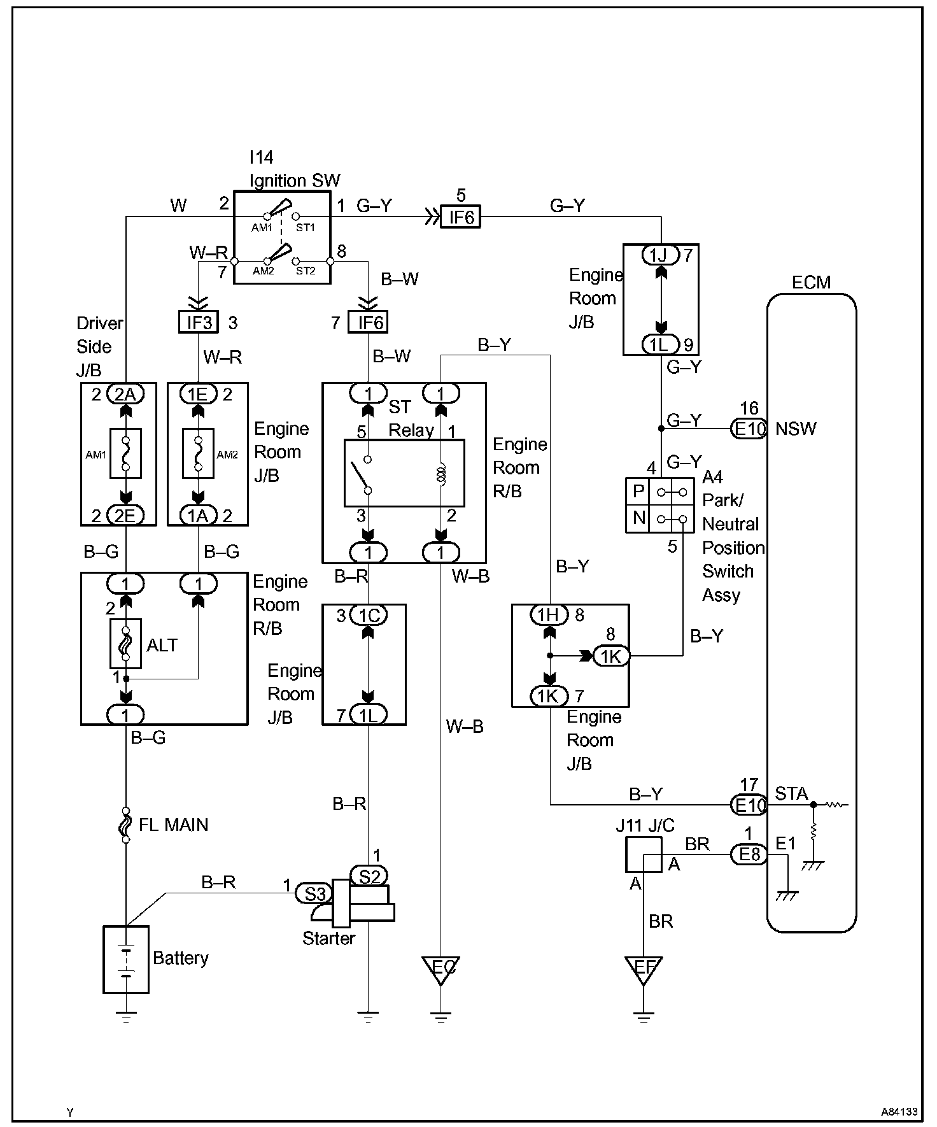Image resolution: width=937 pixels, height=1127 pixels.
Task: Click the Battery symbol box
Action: coord(126,959)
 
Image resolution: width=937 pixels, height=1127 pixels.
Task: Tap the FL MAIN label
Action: coord(173,825)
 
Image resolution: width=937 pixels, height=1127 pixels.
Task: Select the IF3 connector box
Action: coord(199,322)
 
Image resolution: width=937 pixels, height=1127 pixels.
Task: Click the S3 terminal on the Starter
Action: coord(314,894)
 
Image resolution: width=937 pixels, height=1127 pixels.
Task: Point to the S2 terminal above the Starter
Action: coord(369,876)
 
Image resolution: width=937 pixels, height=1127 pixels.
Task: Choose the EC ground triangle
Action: coord(440,969)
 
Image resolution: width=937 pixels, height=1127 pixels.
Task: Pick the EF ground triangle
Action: coord(644,969)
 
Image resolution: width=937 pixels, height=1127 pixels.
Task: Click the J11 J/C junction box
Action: coord(644,854)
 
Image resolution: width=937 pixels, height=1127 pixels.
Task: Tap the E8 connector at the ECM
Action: coord(749,854)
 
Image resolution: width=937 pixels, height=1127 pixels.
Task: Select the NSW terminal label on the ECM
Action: coord(796,429)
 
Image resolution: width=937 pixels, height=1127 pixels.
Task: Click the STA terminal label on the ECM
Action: coord(791,793)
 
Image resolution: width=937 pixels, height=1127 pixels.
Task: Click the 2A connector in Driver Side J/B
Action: coord(125,394)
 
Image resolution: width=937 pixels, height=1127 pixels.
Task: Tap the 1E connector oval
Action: coord(198,394)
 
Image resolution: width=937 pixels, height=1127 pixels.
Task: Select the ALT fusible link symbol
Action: coord(125,643)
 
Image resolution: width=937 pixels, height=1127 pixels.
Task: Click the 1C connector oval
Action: coord(369,615)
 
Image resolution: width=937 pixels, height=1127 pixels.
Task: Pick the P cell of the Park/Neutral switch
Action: coord(638,492)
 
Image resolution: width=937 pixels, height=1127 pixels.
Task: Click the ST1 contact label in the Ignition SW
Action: coord(306,227)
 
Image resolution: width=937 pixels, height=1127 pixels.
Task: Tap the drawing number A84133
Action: coord(899,1112)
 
